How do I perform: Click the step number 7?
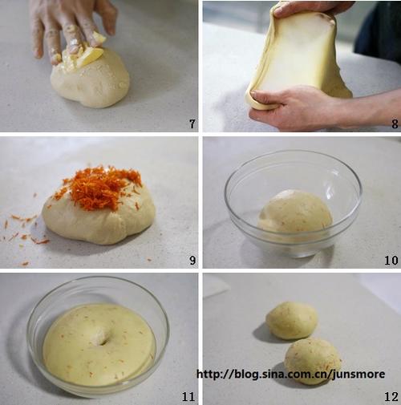(192, 124)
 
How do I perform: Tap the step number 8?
(395, 124)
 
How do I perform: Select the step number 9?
(192, 260)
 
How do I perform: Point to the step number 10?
(391, 260)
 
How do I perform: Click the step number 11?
(188, 396)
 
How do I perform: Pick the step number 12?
(391, 396)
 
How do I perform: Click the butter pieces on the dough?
(86, 55)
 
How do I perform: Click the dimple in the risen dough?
(99, 338)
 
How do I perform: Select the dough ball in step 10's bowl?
(294, 213)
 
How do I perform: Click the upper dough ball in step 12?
(291, 320)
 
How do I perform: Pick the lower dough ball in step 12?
(313, 361)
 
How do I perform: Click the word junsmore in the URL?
(358, 374)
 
